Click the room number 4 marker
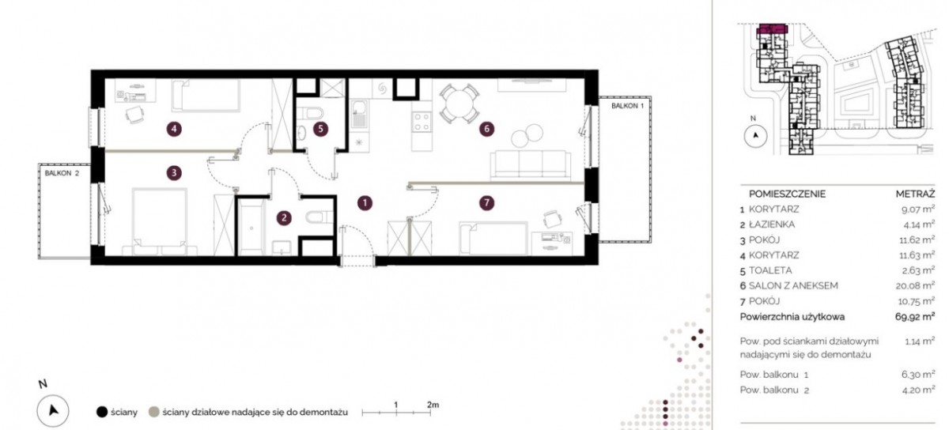click(174, 129)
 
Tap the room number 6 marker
click(486, 129)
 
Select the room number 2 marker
click(284, 218)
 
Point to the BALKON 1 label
click(627, 106)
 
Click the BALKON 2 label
click(62, 173)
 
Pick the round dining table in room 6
click(459, 104)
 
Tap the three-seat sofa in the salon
click(530, 164)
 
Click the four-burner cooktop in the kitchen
click(422, 122)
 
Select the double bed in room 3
click(159, 222)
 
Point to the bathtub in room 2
click(252, 228)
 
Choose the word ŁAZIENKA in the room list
click(772, 224)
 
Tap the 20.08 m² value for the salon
click(915, 286)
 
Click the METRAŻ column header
click(915, 194)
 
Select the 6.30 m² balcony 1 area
click(918, 375)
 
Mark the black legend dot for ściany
click(102, 412)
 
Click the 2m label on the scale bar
click(433, 405)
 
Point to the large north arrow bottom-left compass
click(53, 410)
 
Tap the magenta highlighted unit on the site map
click(773, 28)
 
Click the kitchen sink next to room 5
click(359, 114)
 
